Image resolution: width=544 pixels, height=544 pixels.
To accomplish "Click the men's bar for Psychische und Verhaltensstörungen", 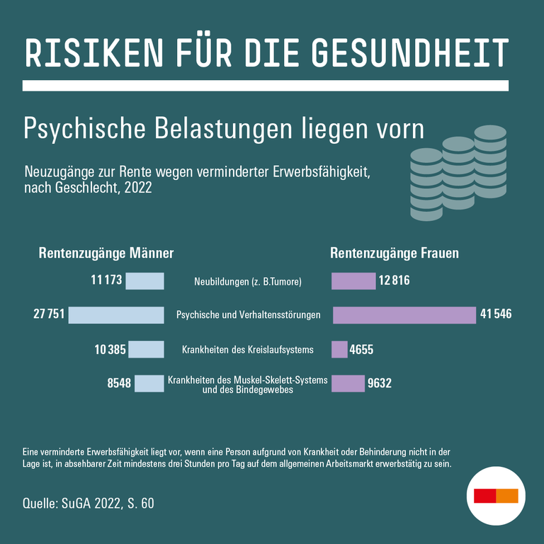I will click(x=116, y=315).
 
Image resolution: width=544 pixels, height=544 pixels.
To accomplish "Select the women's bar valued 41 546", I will click(x=404, y=315).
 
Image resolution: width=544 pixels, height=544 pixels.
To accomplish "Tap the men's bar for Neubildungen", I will click(x=145, y=281).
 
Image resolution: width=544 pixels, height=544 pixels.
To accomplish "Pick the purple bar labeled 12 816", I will click(x=353, y=281).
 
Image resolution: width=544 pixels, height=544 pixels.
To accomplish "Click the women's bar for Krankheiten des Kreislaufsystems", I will click(x=339, y=349).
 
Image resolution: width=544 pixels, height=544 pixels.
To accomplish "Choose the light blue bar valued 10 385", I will click(x=146, y=349).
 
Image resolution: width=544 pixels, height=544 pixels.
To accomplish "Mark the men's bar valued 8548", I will click(x=149, y=383).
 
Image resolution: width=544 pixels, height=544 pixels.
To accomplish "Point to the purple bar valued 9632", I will click(x=348, y=383).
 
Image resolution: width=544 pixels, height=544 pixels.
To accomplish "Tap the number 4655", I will click(x=361, y=349).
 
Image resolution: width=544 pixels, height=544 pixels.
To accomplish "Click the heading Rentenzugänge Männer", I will click(x=106, y=253).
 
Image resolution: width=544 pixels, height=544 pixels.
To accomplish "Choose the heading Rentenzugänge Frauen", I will click(x=395, y=253).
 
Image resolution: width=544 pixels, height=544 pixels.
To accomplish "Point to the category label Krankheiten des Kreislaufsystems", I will click(x=247, y=349).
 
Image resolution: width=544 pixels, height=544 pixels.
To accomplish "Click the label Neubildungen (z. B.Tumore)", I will click(x=248, y=282).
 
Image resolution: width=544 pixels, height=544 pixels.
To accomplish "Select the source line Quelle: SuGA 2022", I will click(x=88, y=504).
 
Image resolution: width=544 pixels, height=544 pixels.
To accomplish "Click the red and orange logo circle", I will click(x=496, y=495).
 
